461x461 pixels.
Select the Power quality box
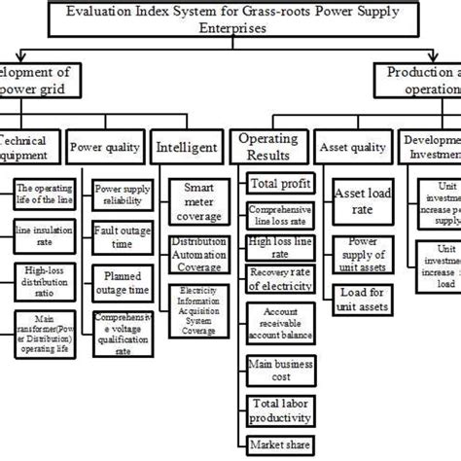point(108,149)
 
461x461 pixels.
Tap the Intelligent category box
point(188,149)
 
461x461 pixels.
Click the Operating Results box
point(267,148)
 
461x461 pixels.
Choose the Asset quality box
point(347,149)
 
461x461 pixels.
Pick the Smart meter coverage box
point(199,198)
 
